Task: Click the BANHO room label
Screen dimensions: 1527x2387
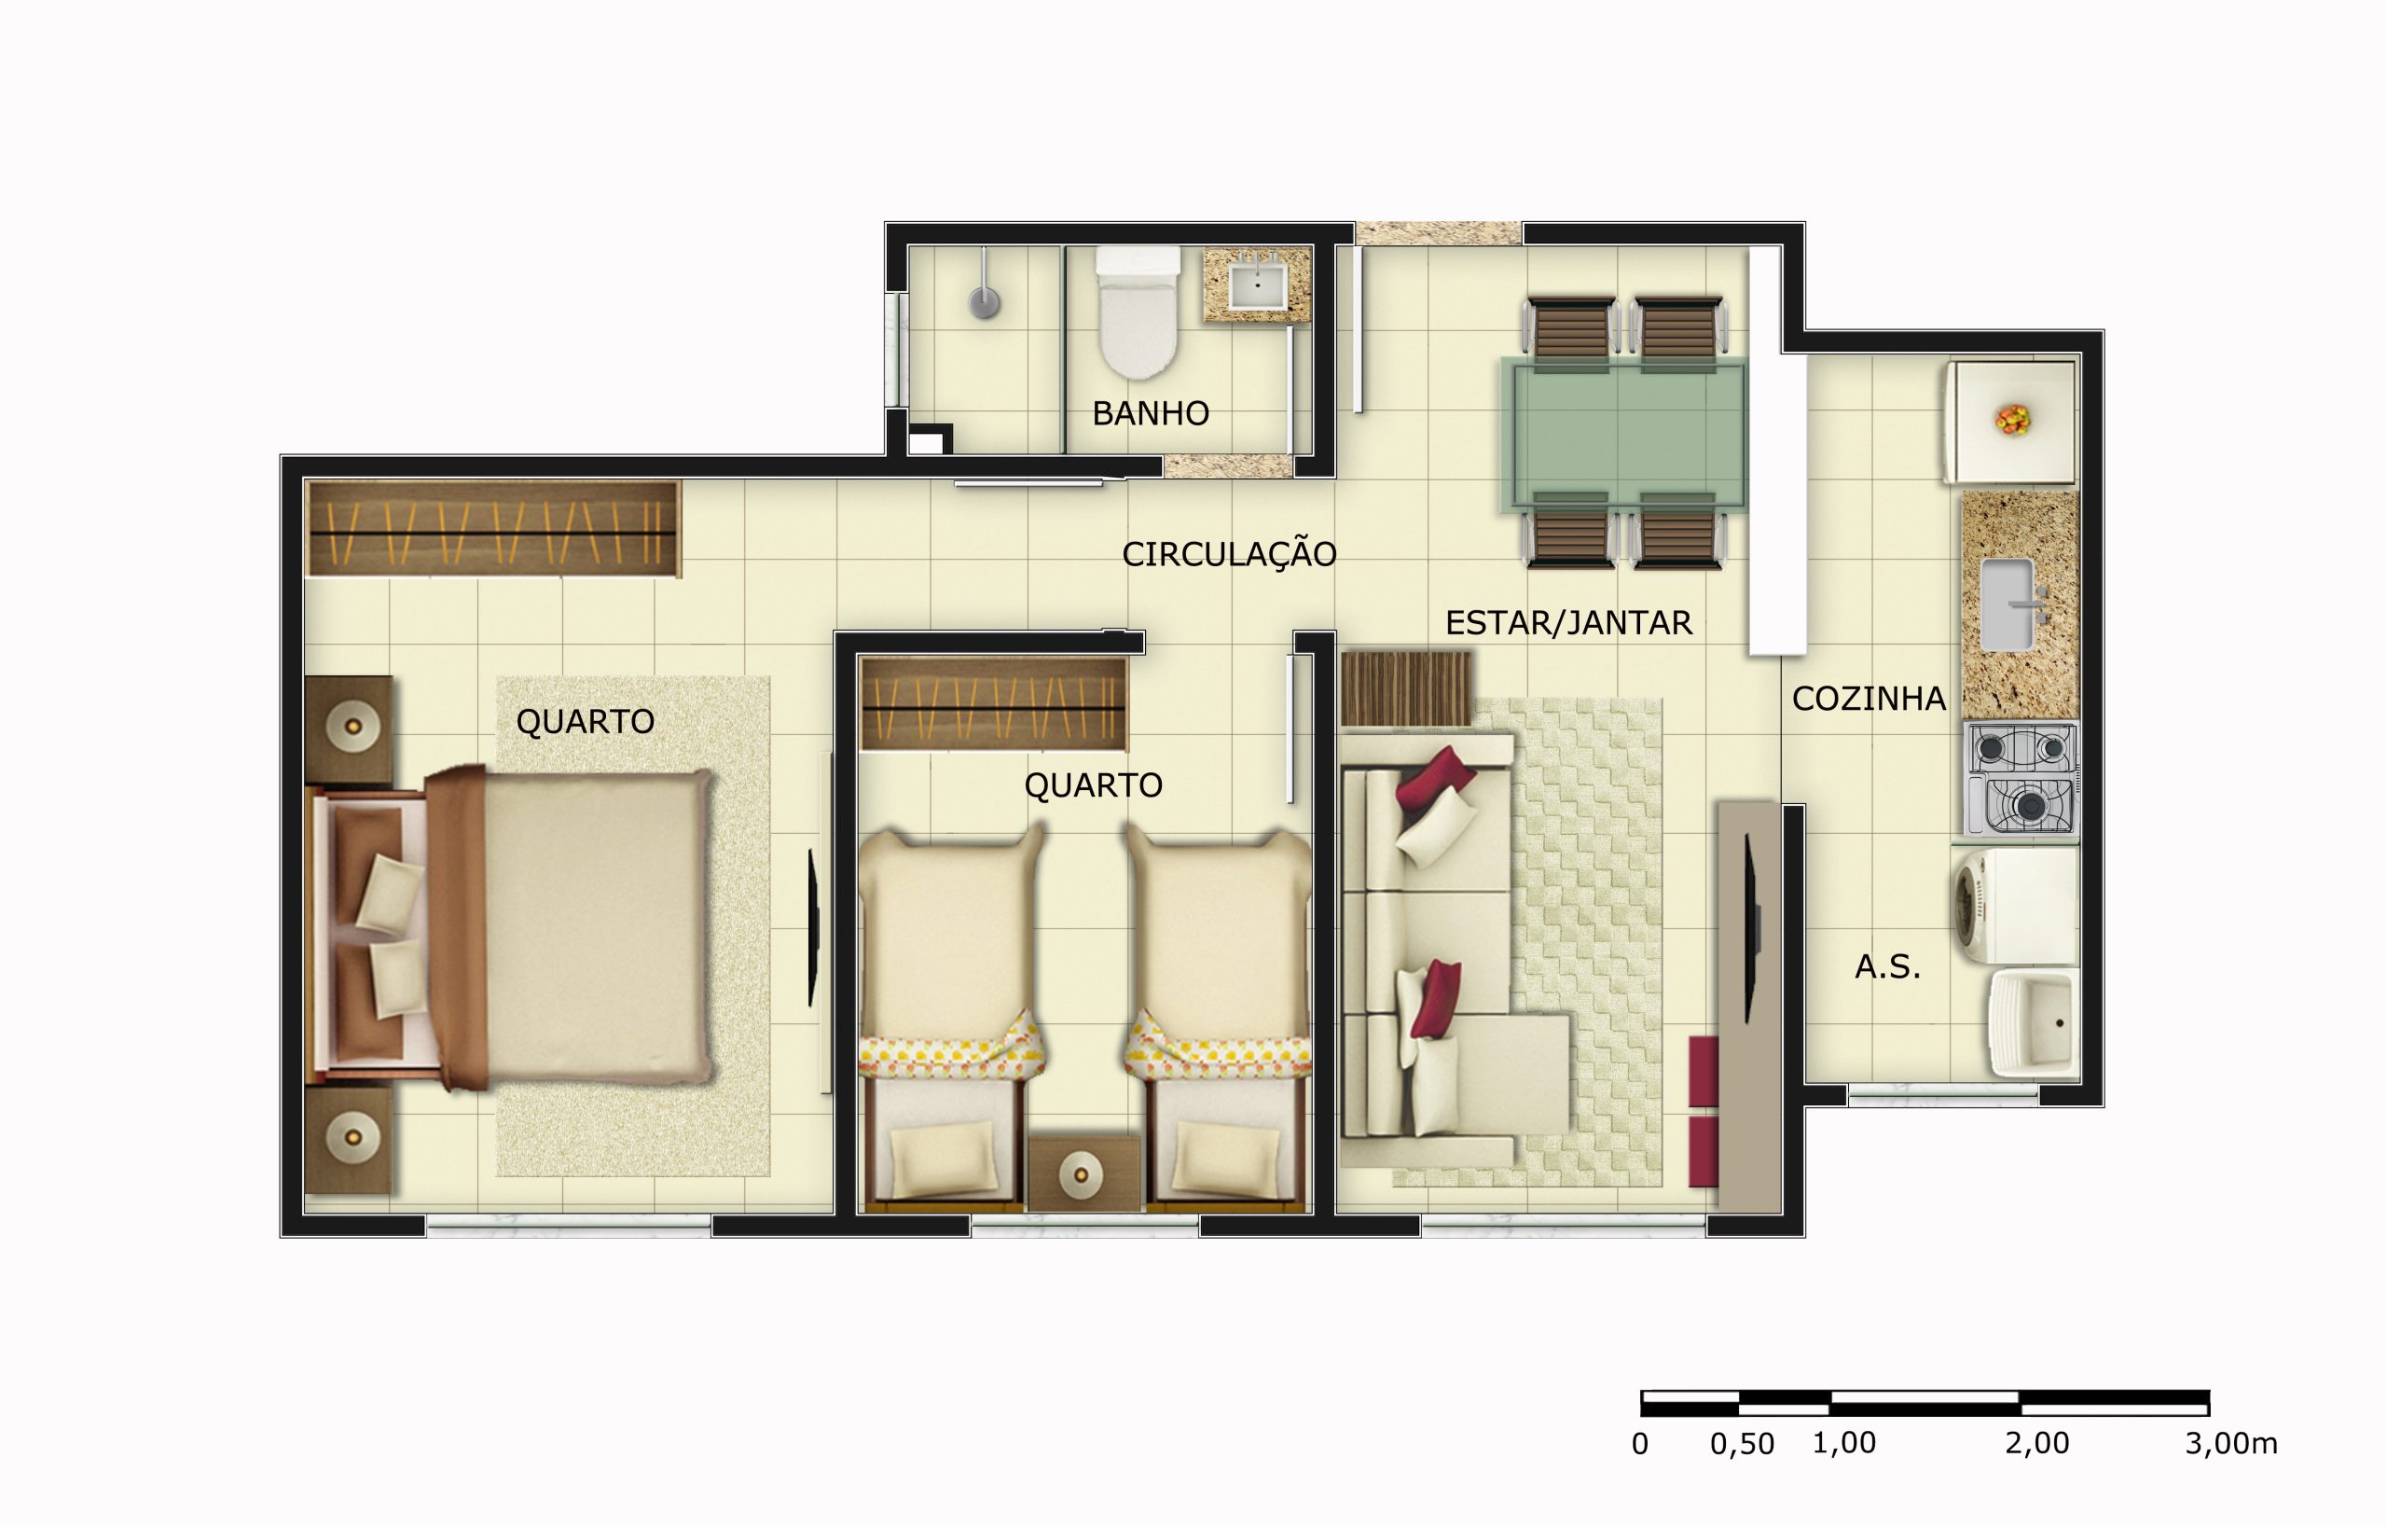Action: click(x=1150, y=413)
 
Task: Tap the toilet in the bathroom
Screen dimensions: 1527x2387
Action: click(x=1137, y=317)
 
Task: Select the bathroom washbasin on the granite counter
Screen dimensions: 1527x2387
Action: click(x=1257, y=284)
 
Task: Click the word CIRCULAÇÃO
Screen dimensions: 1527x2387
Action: click(x=1228, y=554)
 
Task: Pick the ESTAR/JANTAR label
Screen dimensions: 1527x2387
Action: click(x=1568, y=623)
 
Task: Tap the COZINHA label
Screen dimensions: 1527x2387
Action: click(x=1869, y=699)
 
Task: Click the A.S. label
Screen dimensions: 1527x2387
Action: click(x=1887, y=966)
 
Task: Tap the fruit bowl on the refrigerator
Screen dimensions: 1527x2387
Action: click(x=2012, y=420)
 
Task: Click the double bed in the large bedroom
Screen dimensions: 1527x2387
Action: click(x=575, y=927)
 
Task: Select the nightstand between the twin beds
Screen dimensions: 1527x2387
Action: click(x=1083, y=1173)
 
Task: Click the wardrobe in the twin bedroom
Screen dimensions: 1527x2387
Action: click(x=993, y=705)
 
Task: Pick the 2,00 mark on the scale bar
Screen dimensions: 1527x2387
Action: click(x=2037, y=1444)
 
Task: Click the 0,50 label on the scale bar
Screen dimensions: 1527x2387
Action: click(x=1742, y=1445)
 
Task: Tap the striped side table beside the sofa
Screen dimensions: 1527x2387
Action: click(x=1406, y=688)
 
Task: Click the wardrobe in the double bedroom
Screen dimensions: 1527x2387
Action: click(x=492, y=529)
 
